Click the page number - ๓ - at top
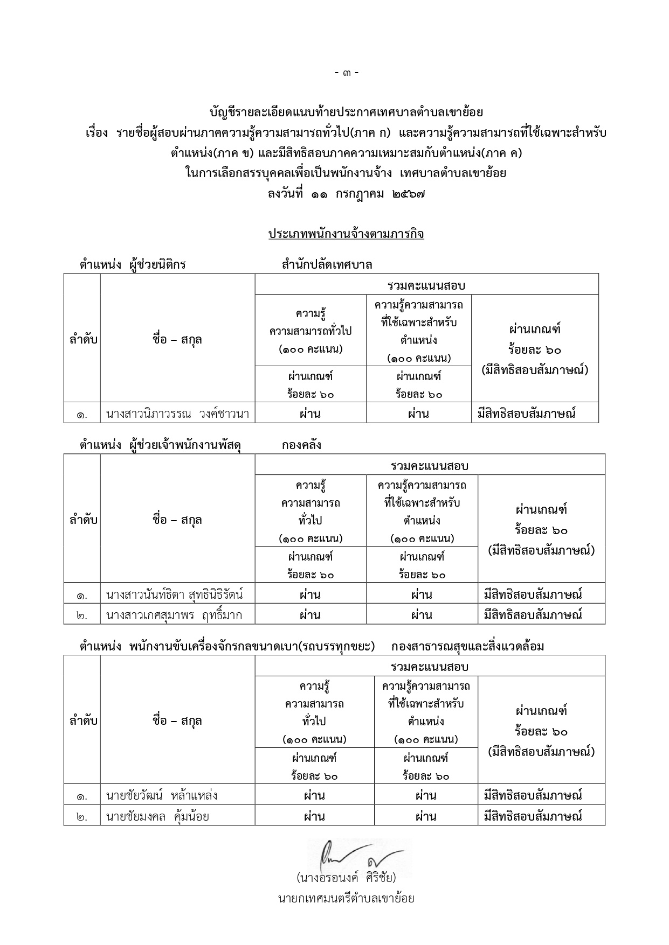[347, 73]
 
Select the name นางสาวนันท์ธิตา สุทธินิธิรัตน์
[175, 595]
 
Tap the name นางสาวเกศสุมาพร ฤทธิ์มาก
[174, 615]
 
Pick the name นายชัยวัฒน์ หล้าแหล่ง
[162, 796]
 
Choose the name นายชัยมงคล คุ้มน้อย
[157, 816]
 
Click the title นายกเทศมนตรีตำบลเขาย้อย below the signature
[346, 898]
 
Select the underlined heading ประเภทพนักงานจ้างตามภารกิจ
[346, 234]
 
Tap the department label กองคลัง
[301, 445]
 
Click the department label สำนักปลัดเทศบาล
[327, 265]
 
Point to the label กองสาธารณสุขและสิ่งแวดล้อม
[467, 647]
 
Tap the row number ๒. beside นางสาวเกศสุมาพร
[82, 615]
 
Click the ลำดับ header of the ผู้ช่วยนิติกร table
[84, 340]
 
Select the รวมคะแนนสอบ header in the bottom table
[430, 667]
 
